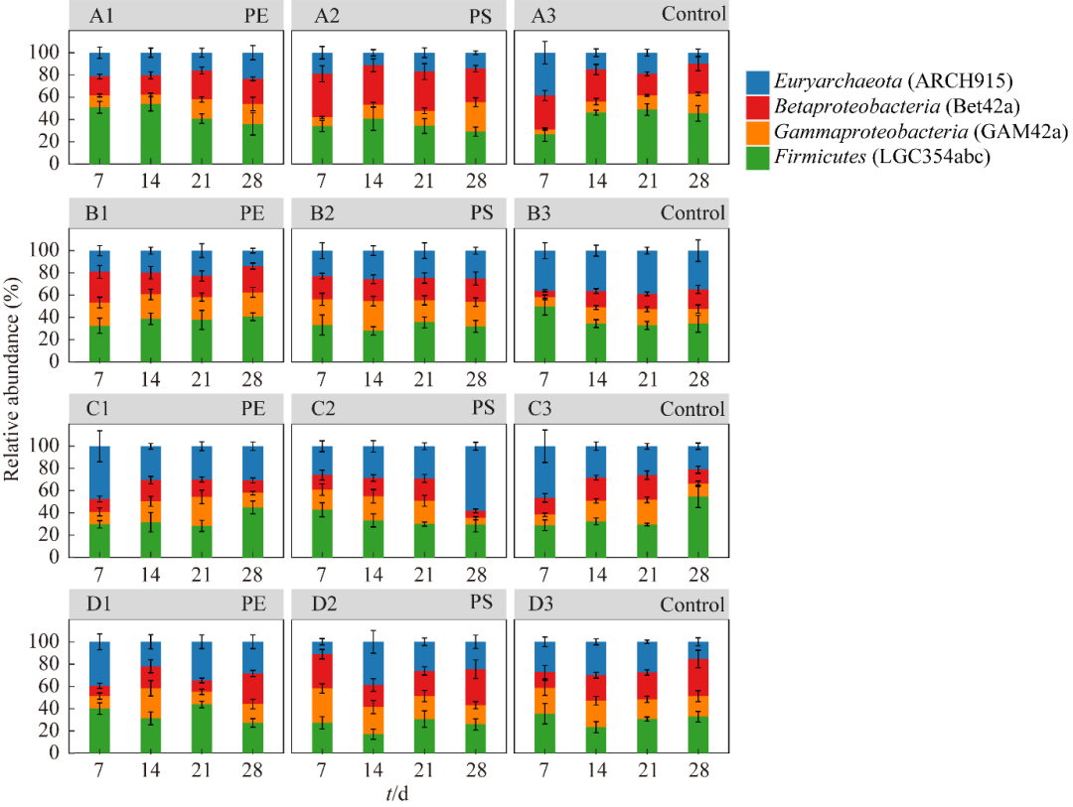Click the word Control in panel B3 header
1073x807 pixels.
(x=693, y=212)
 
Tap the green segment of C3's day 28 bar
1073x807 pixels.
(x=699, y=527)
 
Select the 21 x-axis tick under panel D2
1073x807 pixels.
(x=424, y=769)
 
